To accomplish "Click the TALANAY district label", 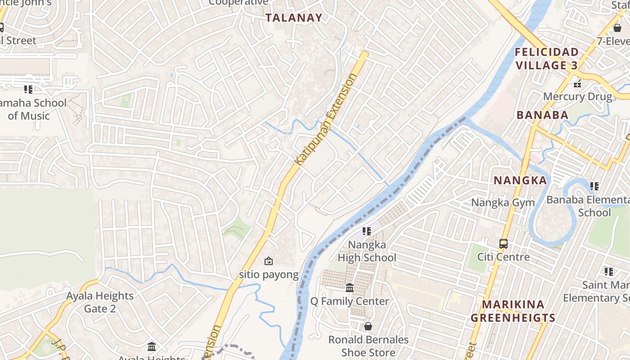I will (x=294, y=18).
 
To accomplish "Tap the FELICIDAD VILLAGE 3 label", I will (x=546, y=58).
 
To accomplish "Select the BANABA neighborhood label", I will (x=542, y=115).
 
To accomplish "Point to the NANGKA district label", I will (x=520, y=180).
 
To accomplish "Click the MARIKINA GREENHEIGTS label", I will (x=513, y=311).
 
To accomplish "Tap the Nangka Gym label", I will (x=503, y=202).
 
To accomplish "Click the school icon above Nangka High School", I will (x=367, y=231).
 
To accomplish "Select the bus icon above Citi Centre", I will (x=503, y=244).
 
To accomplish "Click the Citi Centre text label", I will (x=503, y=257).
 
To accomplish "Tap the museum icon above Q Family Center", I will (x=350, y=288).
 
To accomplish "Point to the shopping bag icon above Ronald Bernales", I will (x=368, y=326).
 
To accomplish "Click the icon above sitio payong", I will (x=269, y=261).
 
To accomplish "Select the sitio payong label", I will (x=269, y=274).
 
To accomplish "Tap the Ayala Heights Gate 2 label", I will (x=100, y=302).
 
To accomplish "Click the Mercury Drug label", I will (x=577, y=96).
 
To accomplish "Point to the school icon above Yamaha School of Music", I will (x=28, y=90).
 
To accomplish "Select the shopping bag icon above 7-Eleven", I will (x=617, y=28).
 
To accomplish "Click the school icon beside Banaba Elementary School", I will (x=594, y=186).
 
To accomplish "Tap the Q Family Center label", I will (x=350, y=301).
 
